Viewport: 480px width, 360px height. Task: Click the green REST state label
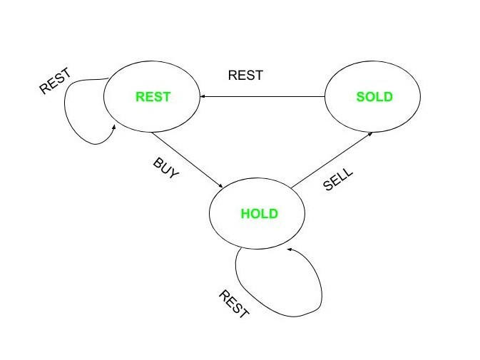pyautogui.click(x=153, y=97)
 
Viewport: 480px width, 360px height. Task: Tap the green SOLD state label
pyautogui.click(x=374, y=97)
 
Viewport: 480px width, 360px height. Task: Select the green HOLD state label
pyautogui.click(x=260, y=213)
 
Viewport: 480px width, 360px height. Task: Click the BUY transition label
pyautogui.click(x=165, y=168)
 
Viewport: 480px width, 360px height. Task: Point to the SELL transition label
pyautogui.click(x=338, y=179)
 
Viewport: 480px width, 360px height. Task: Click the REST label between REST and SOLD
pyautogui.click(x=245, y=76)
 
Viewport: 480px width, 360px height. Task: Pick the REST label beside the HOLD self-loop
pyautogui.click(x=234, y=304)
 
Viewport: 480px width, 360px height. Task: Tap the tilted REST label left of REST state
pyautogui.click(x=56, y=81)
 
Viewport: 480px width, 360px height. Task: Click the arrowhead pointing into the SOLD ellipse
pyautogui.click(x=370, y=134)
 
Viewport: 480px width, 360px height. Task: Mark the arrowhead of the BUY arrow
pyautogui.click(x=220, y=185)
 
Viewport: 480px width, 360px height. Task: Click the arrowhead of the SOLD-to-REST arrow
pyautogui.click(x=202, y=97)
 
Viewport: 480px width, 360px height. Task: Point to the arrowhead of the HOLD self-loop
pyautogui.click(x=289, y=250)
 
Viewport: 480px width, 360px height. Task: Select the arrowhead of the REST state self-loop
pyautogui.click(x=114, y=127)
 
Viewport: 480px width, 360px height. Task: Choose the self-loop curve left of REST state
pyautogui.click(x=65, y=104)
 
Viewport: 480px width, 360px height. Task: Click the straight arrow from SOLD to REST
pyautogui.click(x=262, y=97)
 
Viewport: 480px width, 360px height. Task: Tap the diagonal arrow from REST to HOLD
pyautogui.click(x=188, y=160)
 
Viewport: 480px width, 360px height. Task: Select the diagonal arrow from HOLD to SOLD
pyautogui.click(x=332, y=160)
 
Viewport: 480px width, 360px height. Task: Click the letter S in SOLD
pyautogui.click(x=360, y=97)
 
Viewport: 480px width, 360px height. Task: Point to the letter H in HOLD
pyautogui.click(x=245, y=213)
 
